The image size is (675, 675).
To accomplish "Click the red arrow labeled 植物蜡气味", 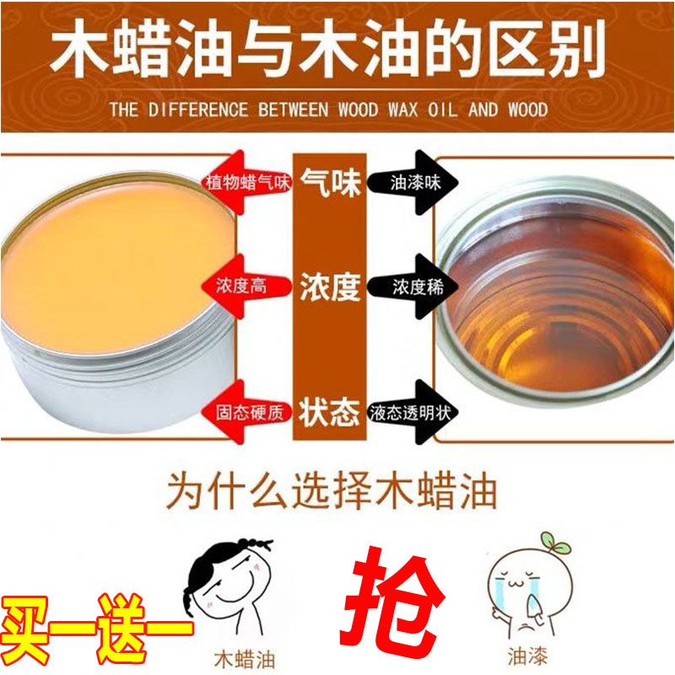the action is (x=246, y=182).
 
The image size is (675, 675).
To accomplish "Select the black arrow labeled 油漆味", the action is (x=413, y=182).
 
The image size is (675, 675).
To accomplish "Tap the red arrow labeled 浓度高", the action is (x=246, y=286).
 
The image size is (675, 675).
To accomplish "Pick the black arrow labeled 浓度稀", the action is (x=413, y=287).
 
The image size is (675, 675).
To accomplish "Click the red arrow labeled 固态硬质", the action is (x=246, y=412).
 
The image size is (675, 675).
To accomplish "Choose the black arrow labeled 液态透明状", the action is (x=413, y=412).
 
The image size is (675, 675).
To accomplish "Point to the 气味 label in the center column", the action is (x=330, y=182).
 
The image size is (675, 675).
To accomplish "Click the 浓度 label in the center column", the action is (x=330, y=287).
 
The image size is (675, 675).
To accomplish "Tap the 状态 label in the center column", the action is (x=330, y=413).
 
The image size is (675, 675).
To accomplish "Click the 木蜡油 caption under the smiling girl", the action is (x=245, y=659).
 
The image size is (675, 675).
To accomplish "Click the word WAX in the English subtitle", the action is (x=403, y=110).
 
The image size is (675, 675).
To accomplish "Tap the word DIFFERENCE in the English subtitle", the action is (x=198, y=110).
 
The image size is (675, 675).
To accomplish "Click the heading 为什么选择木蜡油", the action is (x=332, y=491).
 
